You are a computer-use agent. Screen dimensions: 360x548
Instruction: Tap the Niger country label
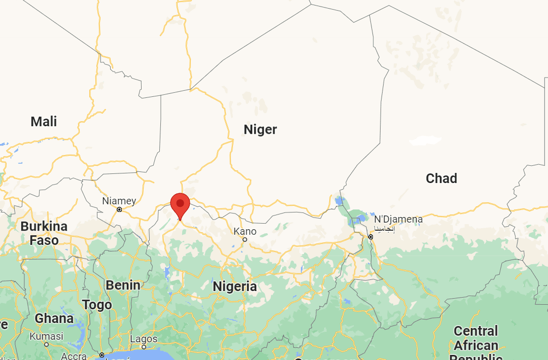[260, 130]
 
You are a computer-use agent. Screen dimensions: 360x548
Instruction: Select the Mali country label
[44, 122]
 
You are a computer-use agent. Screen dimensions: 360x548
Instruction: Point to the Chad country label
[441, 178]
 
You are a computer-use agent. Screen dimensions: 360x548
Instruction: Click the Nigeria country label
[234, 286]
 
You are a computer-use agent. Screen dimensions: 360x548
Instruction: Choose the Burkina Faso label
[44, 233]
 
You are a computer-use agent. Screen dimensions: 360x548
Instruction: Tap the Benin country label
[123, 285]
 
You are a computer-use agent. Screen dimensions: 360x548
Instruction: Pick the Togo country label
[97, 305]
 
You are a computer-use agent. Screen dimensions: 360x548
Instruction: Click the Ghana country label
[54, 318]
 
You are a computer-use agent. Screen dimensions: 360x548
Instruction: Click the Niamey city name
[119, 201]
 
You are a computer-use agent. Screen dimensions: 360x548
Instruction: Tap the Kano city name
[245, 231]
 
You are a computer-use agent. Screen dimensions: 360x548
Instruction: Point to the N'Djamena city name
[398, 220]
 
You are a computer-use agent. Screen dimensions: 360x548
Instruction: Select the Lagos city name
[144, 339]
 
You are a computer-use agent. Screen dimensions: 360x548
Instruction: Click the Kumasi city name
[46, 336]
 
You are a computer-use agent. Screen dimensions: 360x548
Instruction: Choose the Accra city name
[74, 356]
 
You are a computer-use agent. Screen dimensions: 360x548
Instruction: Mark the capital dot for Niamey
[119, 209]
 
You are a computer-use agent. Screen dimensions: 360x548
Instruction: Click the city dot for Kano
[245, 239]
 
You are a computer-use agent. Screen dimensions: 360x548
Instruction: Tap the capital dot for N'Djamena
[371, 237]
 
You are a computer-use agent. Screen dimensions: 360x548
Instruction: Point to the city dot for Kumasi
[46, 344]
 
